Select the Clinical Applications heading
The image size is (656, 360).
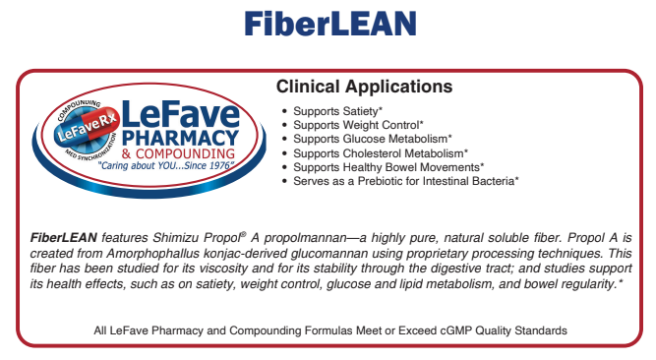(x=364, y=87)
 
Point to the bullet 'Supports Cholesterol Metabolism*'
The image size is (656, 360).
(x=380, y=152)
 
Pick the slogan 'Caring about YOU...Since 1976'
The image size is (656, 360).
(x=163, y=167)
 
